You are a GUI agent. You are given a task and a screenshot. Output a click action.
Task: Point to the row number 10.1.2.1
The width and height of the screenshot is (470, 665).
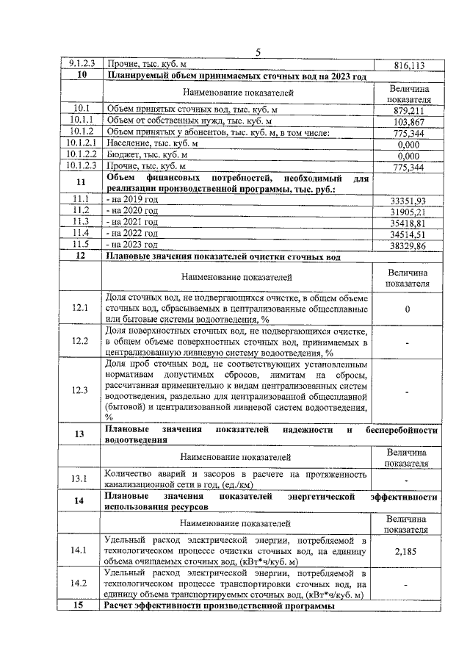pyautogui.click(x=81, y=144)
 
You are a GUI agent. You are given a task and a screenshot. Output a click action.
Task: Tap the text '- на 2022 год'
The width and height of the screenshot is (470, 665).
pyautogui.click(x=131, y=233)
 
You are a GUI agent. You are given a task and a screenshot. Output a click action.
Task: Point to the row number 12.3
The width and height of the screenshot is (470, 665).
pyautogui.click(x=81, y=390)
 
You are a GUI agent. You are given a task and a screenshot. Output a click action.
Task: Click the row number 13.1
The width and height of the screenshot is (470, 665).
pyautogui.click(x=81, y=479)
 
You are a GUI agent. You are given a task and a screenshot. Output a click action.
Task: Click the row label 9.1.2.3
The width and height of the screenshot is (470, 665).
pyautogui.click(x=81, y=65)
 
